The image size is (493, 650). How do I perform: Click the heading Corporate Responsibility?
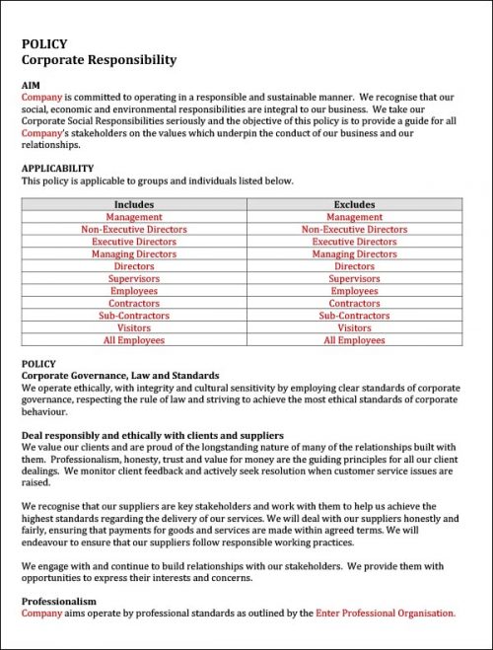[99, 60]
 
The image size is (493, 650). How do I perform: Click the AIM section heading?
[32, 86]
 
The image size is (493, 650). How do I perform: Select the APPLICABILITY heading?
[57, 169]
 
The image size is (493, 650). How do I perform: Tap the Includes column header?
[134, 204]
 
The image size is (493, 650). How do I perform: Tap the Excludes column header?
[354, 204]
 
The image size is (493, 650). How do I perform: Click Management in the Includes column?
[134, 217]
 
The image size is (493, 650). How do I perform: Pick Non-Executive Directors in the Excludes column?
[354, 229]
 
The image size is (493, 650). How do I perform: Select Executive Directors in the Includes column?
[134, 242]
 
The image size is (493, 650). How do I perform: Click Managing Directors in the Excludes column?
[354, 253]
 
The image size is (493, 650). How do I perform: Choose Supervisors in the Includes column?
[134, 278]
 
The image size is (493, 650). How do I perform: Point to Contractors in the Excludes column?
[354, 303]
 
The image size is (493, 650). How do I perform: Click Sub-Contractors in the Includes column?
[134, 316]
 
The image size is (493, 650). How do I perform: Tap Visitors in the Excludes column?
[354, 327]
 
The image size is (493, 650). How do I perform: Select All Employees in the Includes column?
[134, 340]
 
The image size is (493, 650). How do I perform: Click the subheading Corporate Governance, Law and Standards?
[120, 376]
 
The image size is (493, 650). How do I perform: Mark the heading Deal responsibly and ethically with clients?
[153, 435]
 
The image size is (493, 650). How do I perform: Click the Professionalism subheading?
[59, 601]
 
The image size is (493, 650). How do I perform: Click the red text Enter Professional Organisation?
[386, 613]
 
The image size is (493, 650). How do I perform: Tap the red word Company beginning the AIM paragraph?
[41, 98]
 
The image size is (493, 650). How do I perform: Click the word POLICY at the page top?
[44, 44]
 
